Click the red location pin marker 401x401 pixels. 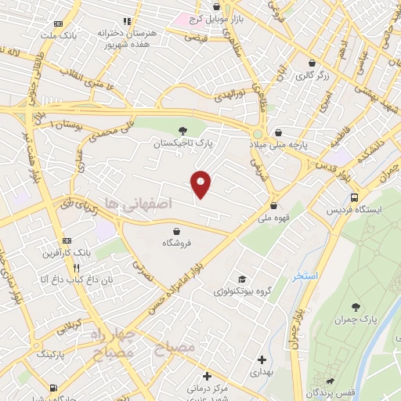tap(201, 183)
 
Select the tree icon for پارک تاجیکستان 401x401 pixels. tap(183, 130)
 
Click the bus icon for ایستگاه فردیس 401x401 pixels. tap(356, 197)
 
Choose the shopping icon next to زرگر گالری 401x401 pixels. tap(312, 63)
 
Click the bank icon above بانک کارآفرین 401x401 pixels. tap(67, 240)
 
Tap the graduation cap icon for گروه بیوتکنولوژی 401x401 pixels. tap(243, 279)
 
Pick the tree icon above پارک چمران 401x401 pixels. tap(356, 307)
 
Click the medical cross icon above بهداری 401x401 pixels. tap(262, 359)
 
